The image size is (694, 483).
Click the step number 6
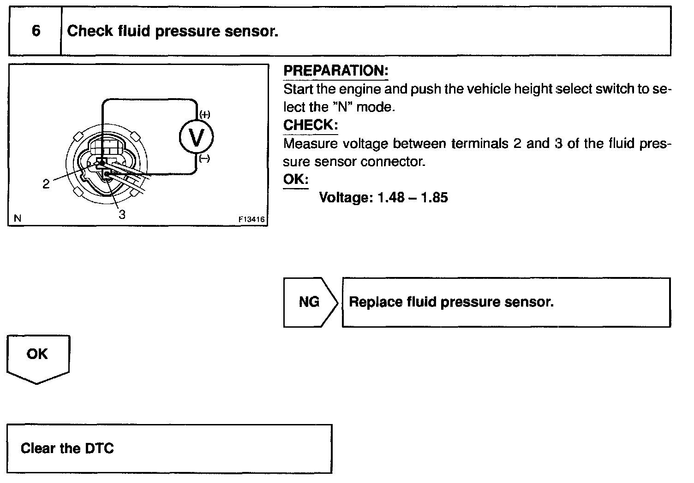[36, 31]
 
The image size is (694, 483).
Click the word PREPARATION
[335, 71]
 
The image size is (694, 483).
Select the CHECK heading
[310, 125]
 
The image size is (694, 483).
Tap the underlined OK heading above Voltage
[295, 179]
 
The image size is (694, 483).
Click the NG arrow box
[310, 302]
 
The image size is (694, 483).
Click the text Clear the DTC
[67, 448]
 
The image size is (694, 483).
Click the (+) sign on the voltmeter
[204, 115]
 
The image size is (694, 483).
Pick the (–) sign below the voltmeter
[204, 159]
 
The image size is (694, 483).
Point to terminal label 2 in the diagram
[46, 184]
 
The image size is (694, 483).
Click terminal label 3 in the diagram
[122, 214]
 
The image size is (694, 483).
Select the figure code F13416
[251, 220]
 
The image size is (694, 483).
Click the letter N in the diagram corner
[18, 218]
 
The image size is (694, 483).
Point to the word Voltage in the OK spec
[346, 198]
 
